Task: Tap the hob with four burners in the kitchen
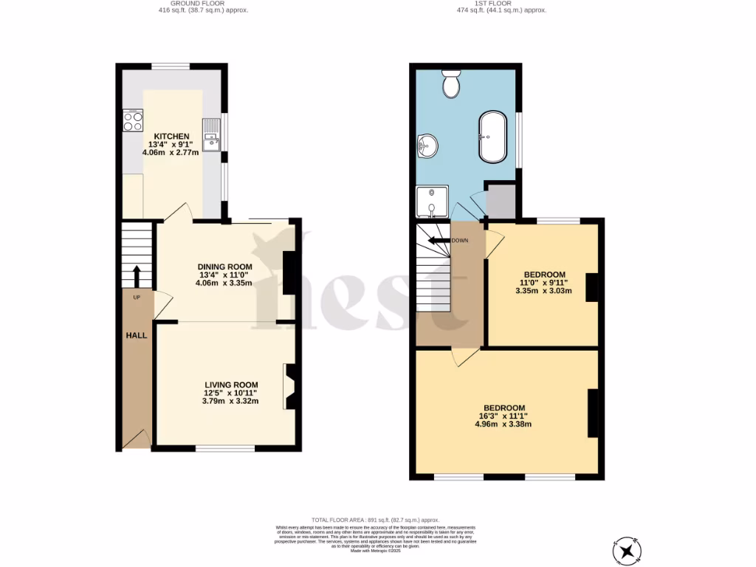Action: (133, 120)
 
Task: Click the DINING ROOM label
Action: (224, 267)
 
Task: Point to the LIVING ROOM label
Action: (231, 385)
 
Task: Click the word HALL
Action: (136, 335)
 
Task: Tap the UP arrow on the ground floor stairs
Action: (137, 277)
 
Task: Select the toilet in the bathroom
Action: (450, 84)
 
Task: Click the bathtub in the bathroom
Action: (494, 137)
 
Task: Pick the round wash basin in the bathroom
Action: (426, 146)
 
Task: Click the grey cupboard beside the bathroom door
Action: (501, 202)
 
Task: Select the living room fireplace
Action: (288, 386)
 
